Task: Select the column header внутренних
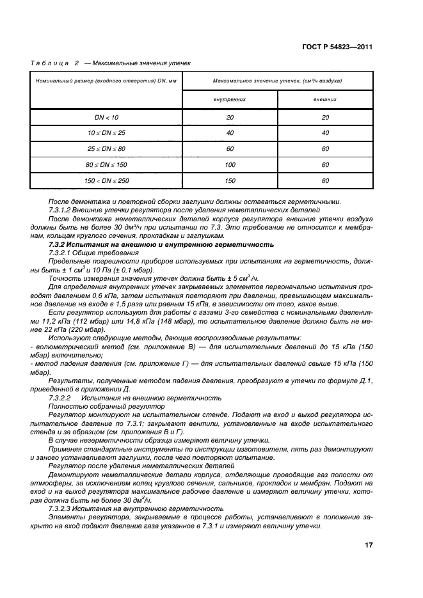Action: tap(230, 100)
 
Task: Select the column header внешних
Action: tap(325, 100)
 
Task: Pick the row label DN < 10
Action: tap(106, 117)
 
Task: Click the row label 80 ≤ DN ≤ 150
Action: tap(106, 165)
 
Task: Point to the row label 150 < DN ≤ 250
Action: tap(106, 181)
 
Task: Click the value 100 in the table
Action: tap(230, 165)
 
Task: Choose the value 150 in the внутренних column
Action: tap(230, 181)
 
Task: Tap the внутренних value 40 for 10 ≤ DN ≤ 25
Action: tap(230, 133)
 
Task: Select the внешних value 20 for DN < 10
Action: tap(325, 117)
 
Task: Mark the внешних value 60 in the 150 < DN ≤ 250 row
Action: tap(325, 181)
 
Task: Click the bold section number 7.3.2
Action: tap(60, 244)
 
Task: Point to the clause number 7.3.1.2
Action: tap(62, 210)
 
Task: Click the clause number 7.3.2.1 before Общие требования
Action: tap(62, 253)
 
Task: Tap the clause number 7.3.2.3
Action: tap(62, 508)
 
